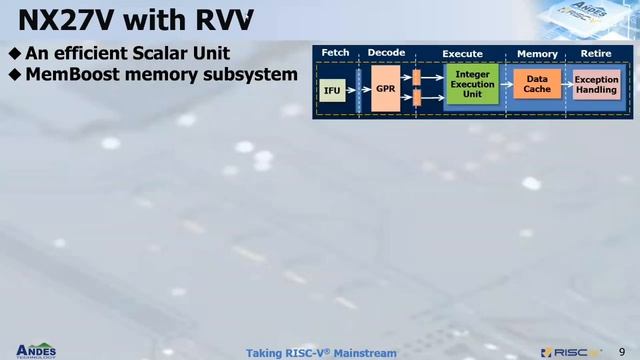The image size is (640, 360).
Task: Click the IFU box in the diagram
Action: [333, 91]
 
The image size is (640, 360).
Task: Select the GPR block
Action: [385, 89]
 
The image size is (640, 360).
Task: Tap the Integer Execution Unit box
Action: [472, 85]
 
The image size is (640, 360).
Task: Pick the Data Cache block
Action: [537, 84]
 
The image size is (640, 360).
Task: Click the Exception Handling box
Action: [597, 84]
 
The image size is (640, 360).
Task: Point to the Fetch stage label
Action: [335, 52]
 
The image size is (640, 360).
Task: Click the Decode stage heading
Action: [386, 52]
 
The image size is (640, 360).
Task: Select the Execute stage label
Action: [462, 53]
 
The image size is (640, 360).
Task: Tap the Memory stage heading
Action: [537, 53]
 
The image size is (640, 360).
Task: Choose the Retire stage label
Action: [596, 53]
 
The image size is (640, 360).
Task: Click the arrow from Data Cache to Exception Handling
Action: [567, 84]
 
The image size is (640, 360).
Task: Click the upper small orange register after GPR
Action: [416, 76]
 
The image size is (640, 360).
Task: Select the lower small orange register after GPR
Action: [416, 98]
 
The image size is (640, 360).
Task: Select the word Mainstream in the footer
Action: [365, 353]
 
